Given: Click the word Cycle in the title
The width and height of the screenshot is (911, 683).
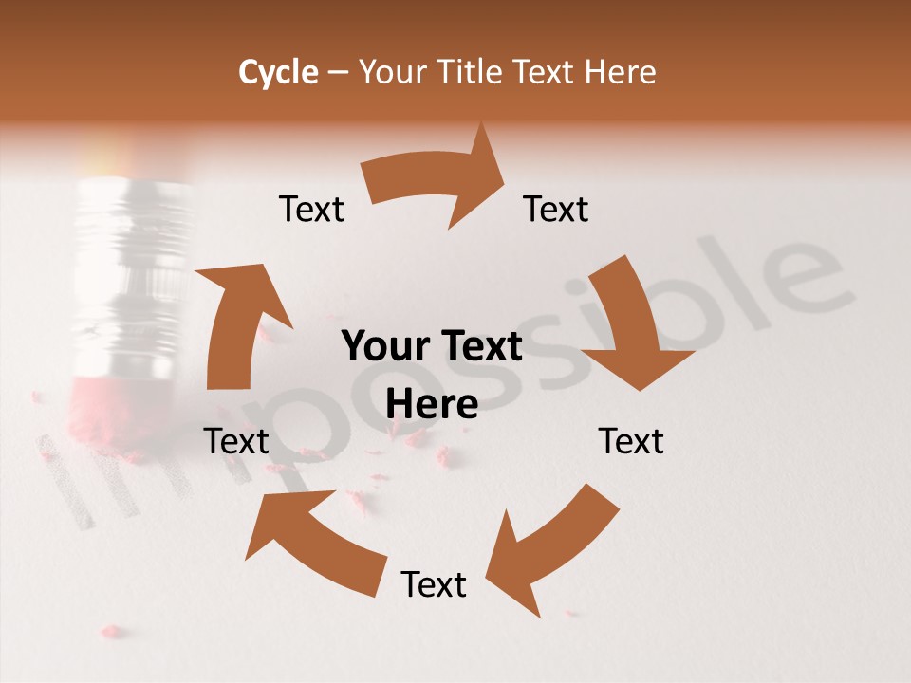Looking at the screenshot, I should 278,72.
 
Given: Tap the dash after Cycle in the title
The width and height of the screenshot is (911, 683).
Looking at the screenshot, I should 337,72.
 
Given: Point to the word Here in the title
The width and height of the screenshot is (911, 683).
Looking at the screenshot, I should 621,72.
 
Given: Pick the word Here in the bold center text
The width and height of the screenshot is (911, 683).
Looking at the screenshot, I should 432,404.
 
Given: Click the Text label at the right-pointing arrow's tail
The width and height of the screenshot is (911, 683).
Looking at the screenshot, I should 311,209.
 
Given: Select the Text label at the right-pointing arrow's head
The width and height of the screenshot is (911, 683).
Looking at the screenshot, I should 556,209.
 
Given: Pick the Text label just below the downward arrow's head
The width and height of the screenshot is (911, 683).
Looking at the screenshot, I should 631,441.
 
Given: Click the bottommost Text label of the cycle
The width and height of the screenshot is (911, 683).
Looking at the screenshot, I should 434,584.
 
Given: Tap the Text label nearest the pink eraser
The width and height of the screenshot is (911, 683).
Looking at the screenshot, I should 236,441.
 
